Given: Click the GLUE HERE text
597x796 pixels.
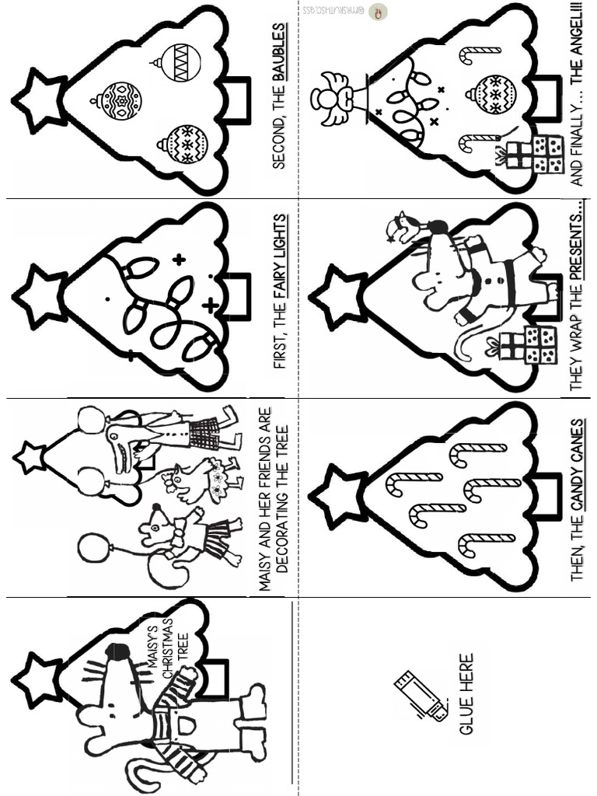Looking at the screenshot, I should [466, 694].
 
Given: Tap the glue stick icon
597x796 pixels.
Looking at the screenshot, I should [421, 696].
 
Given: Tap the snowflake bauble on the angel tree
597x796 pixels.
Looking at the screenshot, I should [491, 94].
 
